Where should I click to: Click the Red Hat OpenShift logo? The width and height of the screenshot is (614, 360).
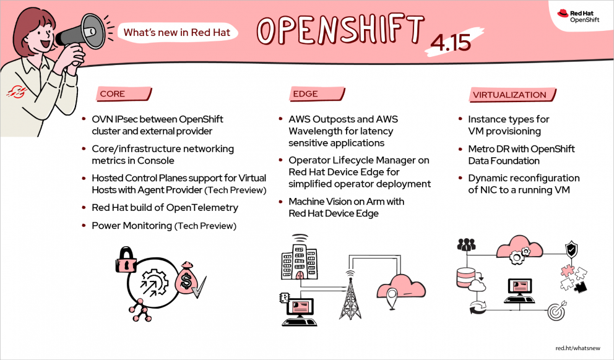click(x=577, y=15)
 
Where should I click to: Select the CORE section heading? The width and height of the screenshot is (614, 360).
click(x=113, y=94)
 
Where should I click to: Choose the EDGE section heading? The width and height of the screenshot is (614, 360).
click(x=305, y=94)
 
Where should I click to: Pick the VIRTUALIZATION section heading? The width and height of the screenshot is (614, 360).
click(x=509, y=95)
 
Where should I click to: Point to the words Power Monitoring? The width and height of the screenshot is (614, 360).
click(x=132, y=226)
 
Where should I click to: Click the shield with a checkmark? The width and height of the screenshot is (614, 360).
click(x=571, y=250)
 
